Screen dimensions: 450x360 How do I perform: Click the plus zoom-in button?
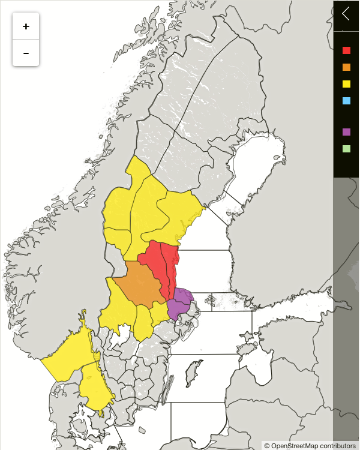tap(26, 26)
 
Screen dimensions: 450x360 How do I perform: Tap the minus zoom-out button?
tap(26, 53)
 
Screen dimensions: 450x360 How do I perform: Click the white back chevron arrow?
tap(346, 14)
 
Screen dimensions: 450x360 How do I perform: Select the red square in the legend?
tap(346, 50)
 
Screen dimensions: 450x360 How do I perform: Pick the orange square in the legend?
tap(346, 67)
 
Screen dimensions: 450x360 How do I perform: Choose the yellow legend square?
tap(346, 84)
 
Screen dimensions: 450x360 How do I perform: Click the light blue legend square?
tap(346, 101)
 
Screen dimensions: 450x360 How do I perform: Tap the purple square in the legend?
tap(346, 132)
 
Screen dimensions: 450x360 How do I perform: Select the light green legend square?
tap(346, 148)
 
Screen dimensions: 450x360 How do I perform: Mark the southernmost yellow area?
tap(95, 387)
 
